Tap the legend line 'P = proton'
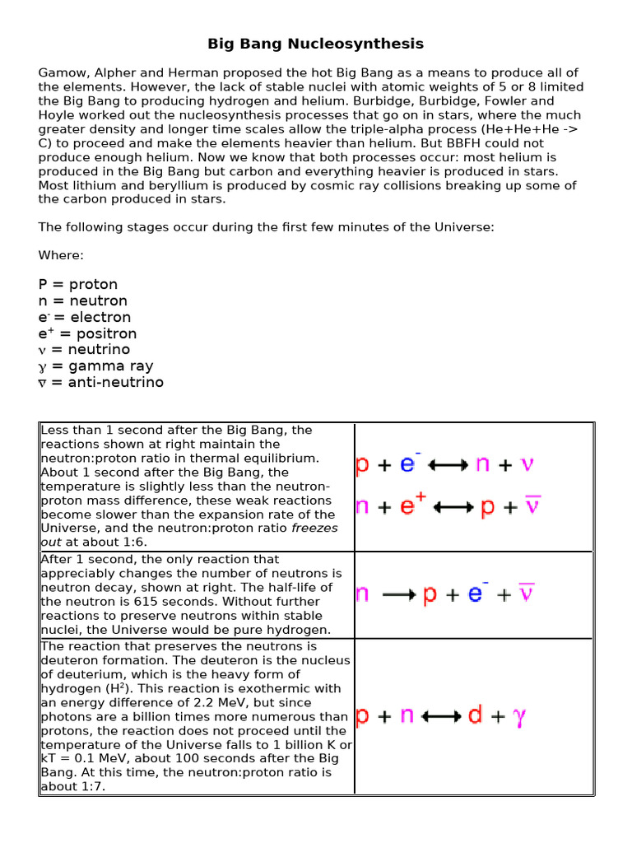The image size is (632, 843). (78, 285)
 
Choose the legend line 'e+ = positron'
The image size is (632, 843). (87, 333)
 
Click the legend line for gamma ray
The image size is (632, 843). (95, 366)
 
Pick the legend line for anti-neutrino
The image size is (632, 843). (101, 382)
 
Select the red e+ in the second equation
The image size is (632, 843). (407, 505)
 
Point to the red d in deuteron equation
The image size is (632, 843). (475, 716)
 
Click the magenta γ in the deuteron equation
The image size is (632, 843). (519, 717)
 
